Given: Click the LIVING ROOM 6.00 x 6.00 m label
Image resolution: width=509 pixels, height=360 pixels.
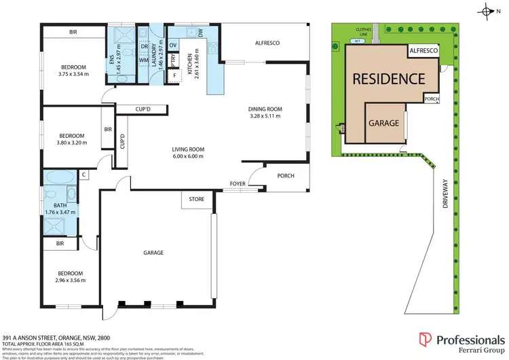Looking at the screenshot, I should tap(187, 153).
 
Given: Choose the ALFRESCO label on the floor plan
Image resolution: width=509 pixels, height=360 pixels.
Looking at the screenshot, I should tap(267, 43).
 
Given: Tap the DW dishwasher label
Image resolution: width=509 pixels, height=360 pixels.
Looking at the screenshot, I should tap(200, 32).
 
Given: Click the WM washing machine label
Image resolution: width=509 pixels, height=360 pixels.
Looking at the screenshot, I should tap(143, 60).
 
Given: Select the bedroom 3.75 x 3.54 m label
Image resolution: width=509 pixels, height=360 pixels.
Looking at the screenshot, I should tap(73, 70).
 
